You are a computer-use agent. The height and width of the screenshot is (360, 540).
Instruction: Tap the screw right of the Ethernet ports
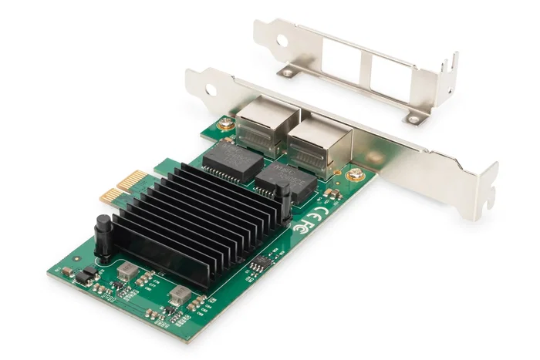[357, 175]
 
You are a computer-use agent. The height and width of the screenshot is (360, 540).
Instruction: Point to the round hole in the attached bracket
[211, 90]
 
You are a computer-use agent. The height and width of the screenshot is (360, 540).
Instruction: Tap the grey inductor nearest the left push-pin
[125, 269]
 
